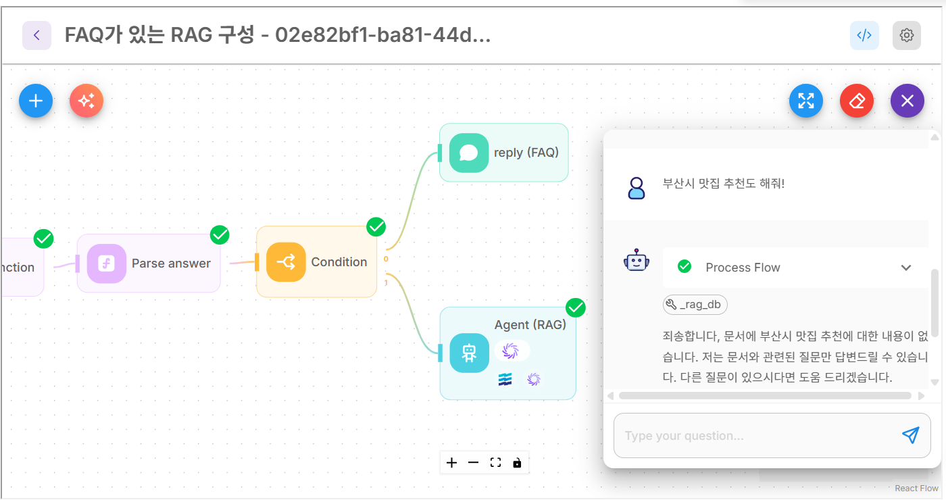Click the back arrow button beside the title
[x=36, y=36]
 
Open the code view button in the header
[x=864, y=36]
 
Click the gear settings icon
[x=907, y=36]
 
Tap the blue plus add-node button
[x=36, y=101]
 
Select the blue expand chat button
[x=806, y=101]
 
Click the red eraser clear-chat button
[x=857, y=101]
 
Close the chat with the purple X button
[x=907, y=101]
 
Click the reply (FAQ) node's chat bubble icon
[x=469, y=153]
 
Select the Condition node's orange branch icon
[x=286, y=262]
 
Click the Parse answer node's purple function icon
[x=107, y=264]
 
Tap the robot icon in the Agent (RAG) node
[x=469, y=353]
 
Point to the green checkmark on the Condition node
[x=376, y=227]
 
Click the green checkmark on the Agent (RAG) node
[x=576, y=308]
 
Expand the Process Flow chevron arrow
[x=906, y=268]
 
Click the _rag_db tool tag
[x=695, y=305]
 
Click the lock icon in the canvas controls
[x=517, y=463]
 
